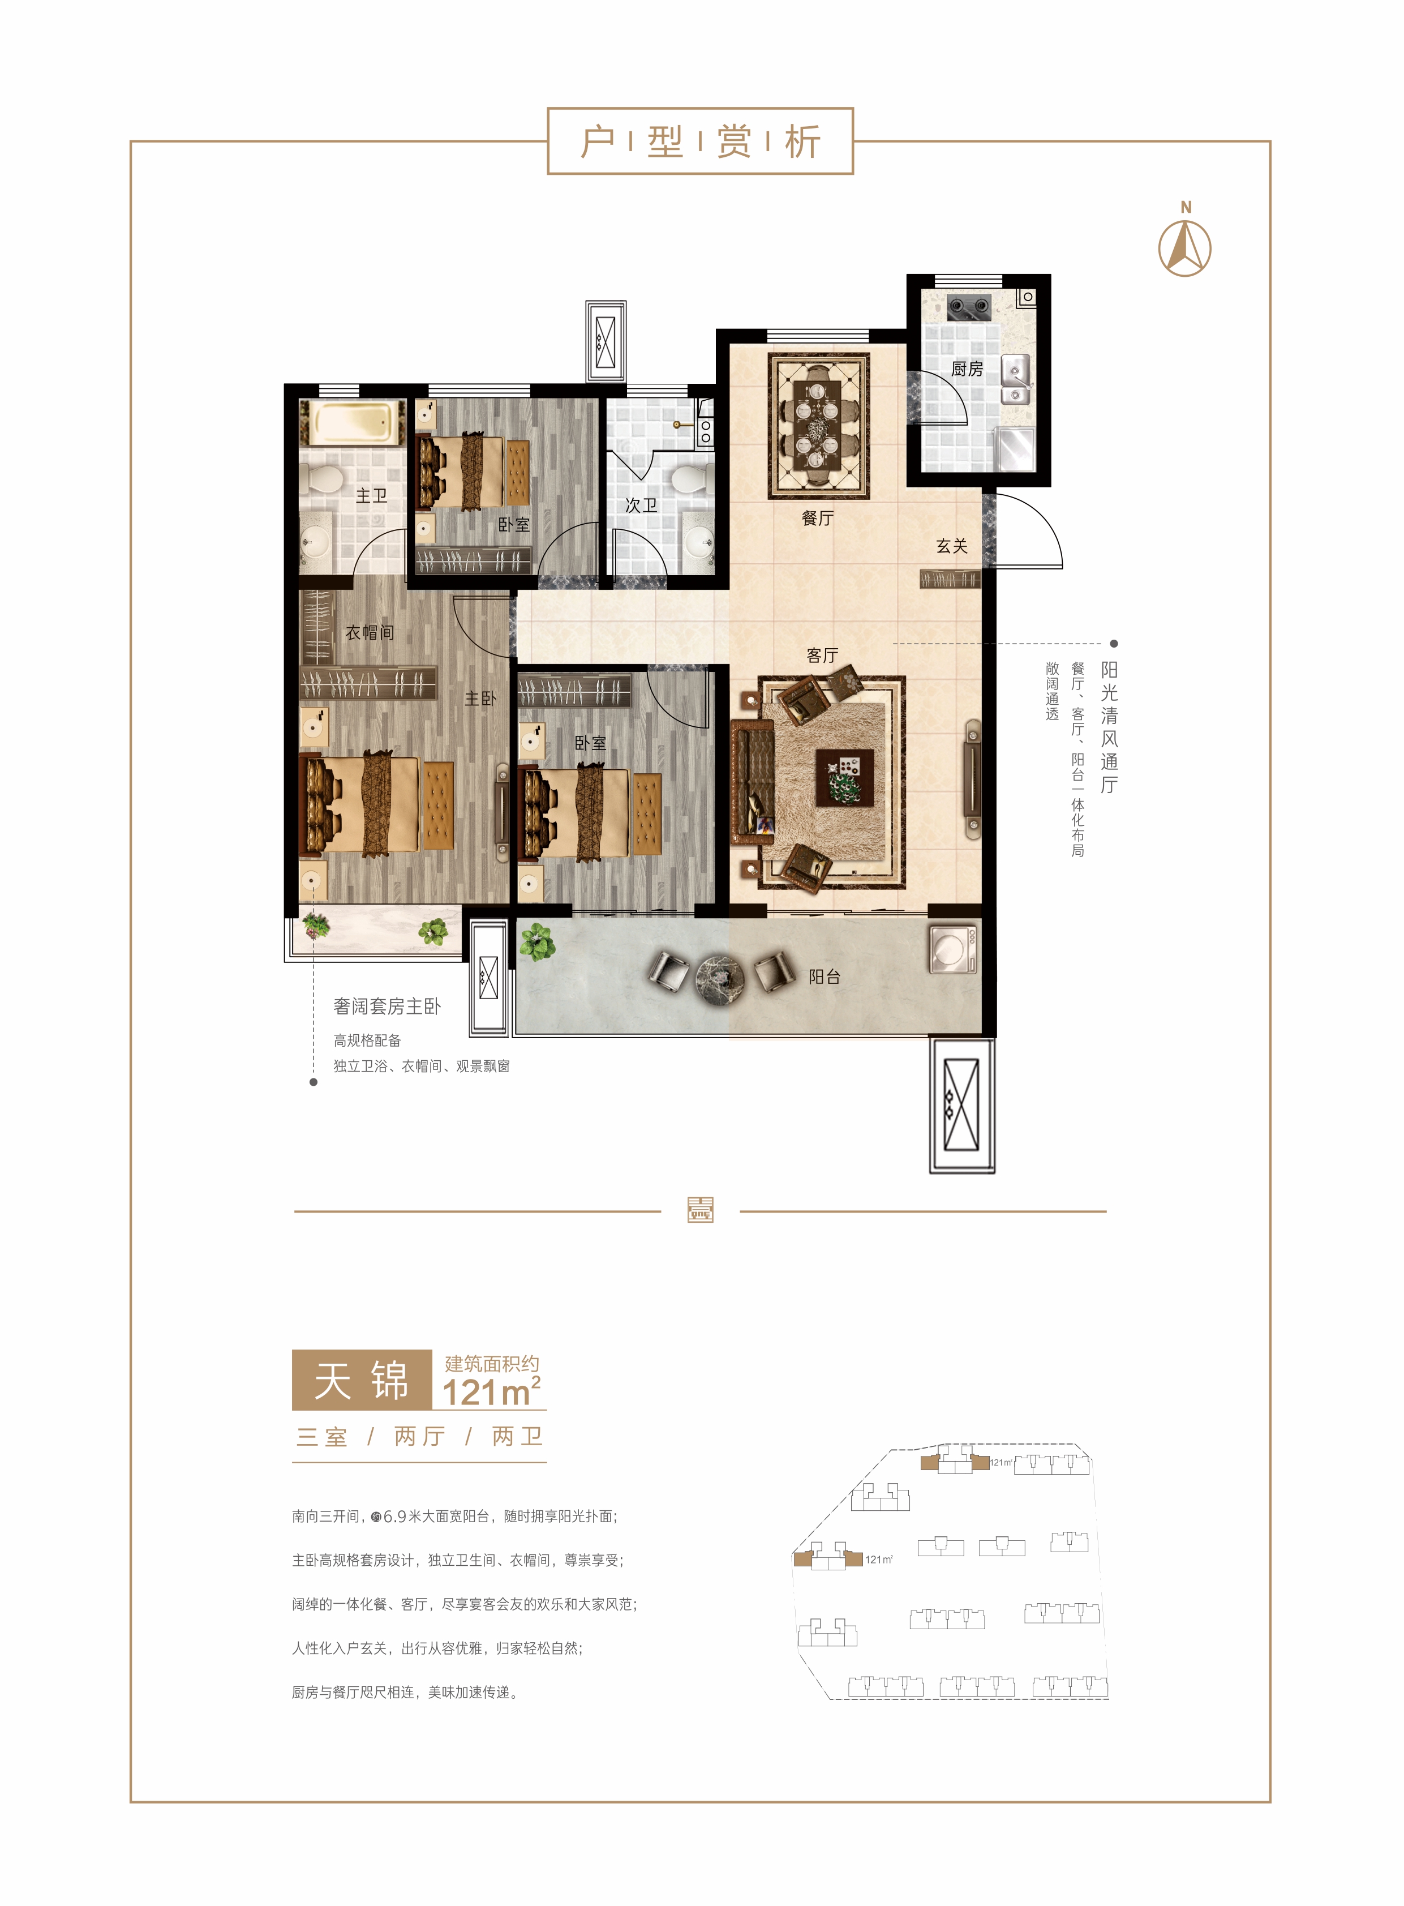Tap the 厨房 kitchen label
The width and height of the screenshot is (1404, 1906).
967,369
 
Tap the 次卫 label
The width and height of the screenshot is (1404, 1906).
641,505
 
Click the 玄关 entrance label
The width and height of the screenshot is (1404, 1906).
952,546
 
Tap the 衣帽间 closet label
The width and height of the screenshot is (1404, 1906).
370,632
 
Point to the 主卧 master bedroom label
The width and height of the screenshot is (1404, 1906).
480,698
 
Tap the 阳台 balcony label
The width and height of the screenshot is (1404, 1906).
825,977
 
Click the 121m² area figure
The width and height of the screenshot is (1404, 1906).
491,1391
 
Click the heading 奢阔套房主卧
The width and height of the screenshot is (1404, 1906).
387,1006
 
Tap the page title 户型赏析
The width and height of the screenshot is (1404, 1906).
699,141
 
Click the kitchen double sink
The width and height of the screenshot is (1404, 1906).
1016,380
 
